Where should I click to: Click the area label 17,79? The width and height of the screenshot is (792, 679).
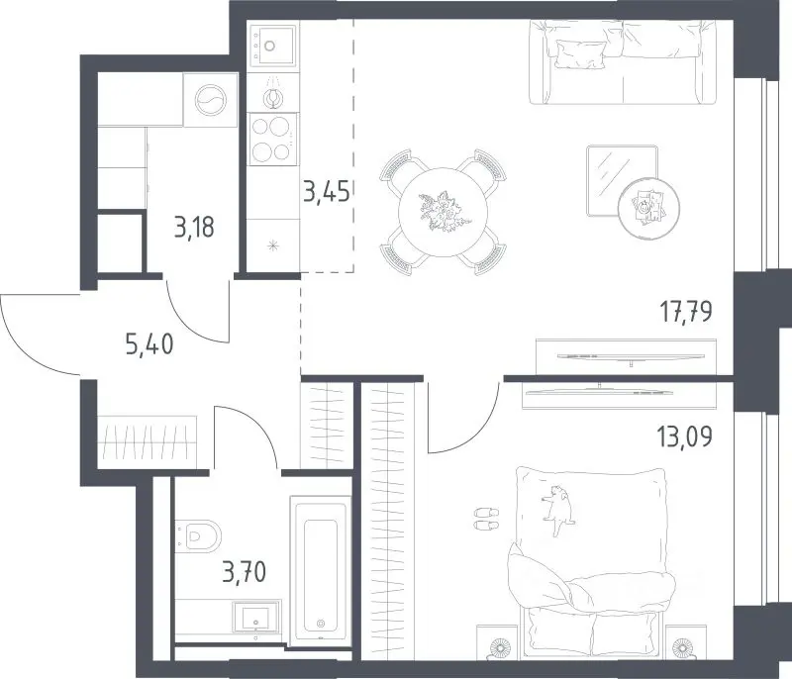pyautogui.click(x=687, y=311)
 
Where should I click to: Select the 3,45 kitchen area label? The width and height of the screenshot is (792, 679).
pyautogui.click(x=327, y=191)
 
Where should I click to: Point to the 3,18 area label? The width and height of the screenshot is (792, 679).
pyautogui.click(x=194, y=228)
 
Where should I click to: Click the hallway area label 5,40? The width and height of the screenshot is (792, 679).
pyautogui.click(x=149, y=344)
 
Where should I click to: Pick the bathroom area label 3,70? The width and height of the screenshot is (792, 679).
pyautogui.click(x=244, y=573)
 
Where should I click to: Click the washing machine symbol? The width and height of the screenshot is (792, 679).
pyautogui.click(x=211, y=100)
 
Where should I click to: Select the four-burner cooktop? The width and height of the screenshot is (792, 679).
pyautogui.click(x=273, y=139)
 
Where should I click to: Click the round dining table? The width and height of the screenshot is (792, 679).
pyautogui.click(x=443, y=212)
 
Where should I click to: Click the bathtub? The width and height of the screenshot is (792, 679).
pyautogui.click(x=320, y=571)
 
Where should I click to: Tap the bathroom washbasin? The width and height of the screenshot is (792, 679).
pyautogui.click(x=255, y=617)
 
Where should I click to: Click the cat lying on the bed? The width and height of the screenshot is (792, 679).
pyautogui.click(x=557, y=509)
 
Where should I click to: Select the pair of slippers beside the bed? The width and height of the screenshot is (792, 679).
pyautogui.click(x=486, y=519)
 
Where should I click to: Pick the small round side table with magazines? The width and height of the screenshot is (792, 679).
pyautogui.click(x=649, y=206)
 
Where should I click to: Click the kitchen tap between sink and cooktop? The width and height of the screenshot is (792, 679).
pyautogui.click(x=273, y=93)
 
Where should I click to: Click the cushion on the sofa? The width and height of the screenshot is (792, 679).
pyautogui.click(x=580, y=53)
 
